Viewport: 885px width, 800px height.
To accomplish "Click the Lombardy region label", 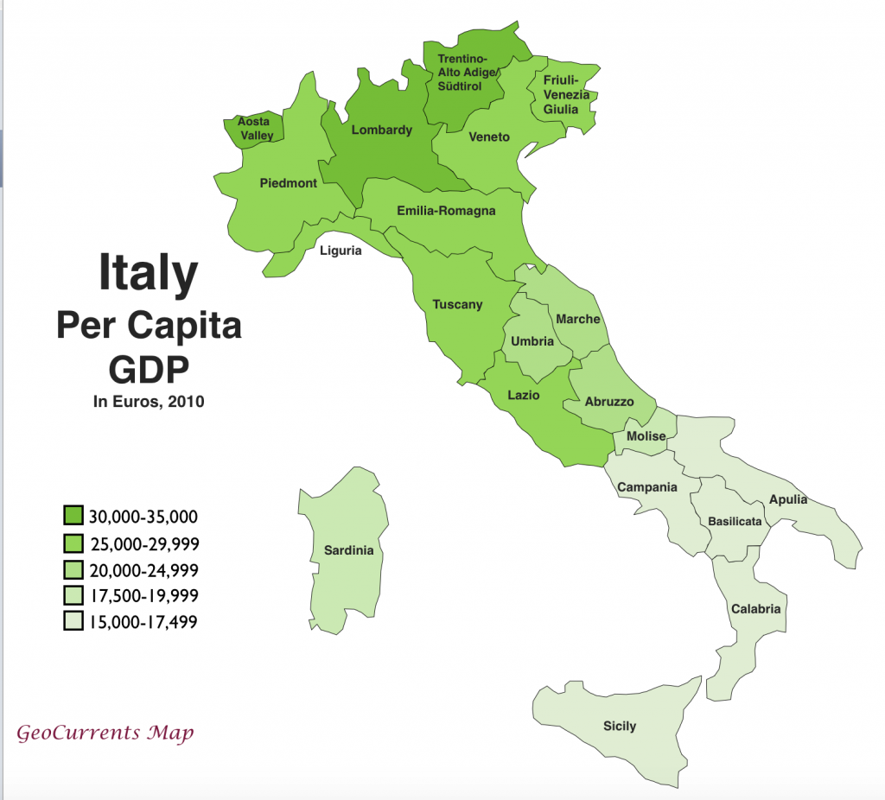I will [x=381, y=130].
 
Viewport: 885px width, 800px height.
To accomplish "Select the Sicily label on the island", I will [x=619, y=726].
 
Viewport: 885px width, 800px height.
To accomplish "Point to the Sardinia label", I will [x=348, y=550].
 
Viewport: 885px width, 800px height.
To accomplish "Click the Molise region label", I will [x=646, y=436].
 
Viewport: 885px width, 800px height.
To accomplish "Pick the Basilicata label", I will [x=735, y=522].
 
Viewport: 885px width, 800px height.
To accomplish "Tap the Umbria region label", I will [x=532, y=341].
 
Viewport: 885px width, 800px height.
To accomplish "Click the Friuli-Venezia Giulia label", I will [x=566, y=95].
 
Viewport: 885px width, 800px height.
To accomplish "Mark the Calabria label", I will [x=755, y=609].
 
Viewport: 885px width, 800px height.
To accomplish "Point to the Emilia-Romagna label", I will [x=446, y=211].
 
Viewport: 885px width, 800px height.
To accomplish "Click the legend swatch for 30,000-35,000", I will [x=73, y=517].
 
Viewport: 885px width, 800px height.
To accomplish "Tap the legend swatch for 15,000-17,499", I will [x=73, y=620].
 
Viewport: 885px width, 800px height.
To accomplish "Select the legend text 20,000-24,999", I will [x=143, y=569].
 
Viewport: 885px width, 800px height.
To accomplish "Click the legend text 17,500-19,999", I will [x=143, y=595].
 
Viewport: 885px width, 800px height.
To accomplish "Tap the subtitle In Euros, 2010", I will [x=149, y=401].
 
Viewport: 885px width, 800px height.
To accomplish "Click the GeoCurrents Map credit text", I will [x=105, y=733].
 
